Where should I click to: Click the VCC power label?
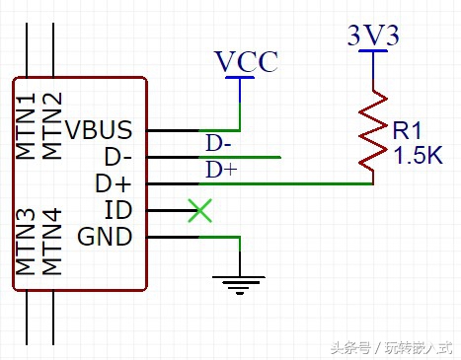click(x=246, y=61)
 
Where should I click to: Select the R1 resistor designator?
click(x=406, y=131)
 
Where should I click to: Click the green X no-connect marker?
click(x=200, y=210)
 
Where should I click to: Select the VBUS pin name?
click(x=105, y=129)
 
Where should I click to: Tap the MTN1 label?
click(x=27, y=127)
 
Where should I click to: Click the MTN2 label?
click(x=53, y=127)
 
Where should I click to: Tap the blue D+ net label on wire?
click(x=220, y=171)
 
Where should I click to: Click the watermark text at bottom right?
click(x=390, y=347)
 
